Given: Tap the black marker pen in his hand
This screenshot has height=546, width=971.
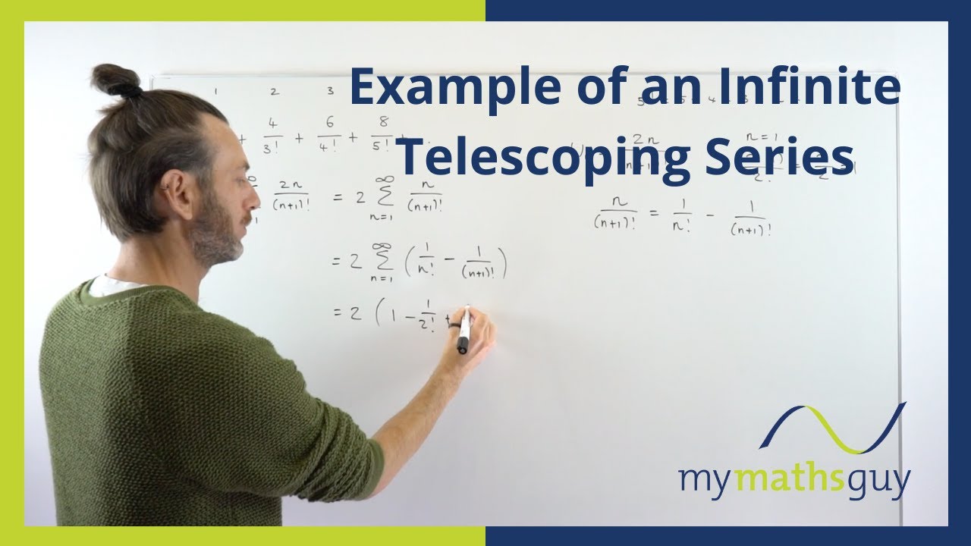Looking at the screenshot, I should [x=464, y=331].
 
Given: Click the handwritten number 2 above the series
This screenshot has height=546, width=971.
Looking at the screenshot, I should [x=274, y=92].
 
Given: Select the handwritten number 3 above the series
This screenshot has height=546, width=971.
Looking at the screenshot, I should [x=330, y=91].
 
